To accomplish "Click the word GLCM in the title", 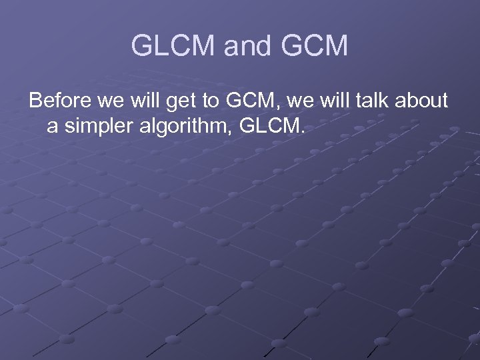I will (x=173, y=47).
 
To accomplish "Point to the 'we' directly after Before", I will (x=107, y=101).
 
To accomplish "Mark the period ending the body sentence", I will (x=301, y=131).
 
